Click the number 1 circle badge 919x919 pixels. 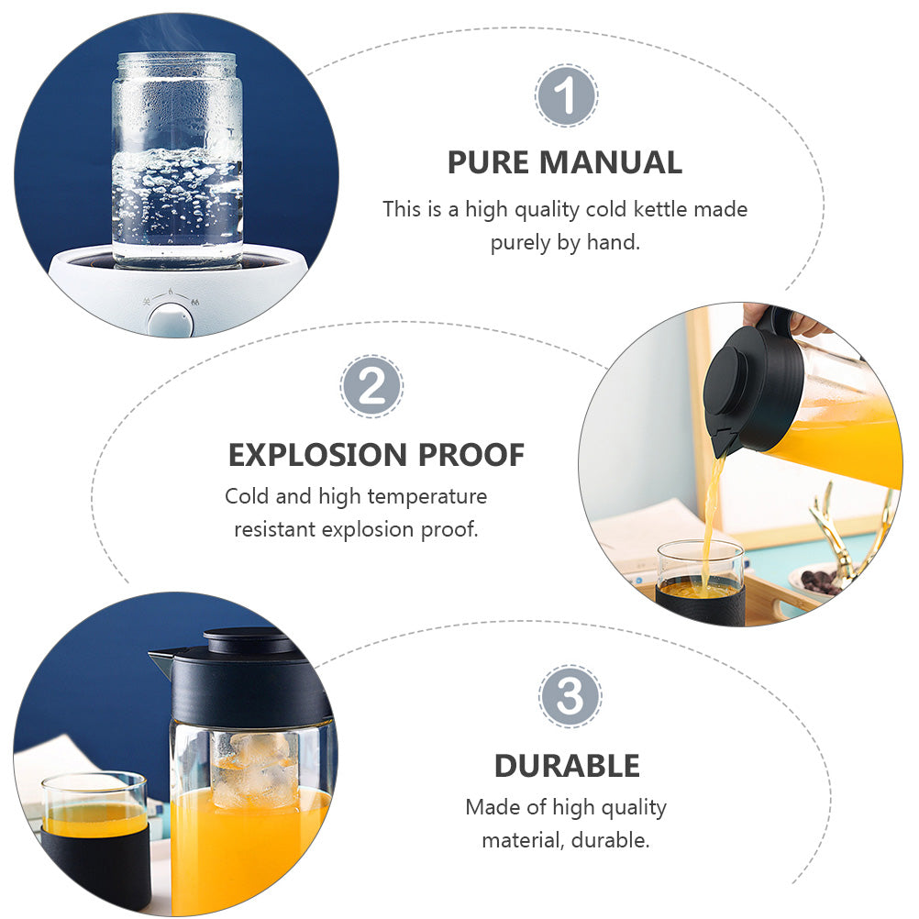[x=566, y=94]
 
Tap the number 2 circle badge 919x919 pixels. [x=371, y=387]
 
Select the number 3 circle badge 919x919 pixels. [x=570, y=696]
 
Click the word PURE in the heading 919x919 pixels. [x=488, y=162]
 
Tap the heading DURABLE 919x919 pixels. [x=567, y=765]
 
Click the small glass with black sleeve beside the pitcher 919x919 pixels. [x=95, y=835]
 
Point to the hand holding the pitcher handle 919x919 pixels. [x=806, y=323]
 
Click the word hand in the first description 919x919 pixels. [x=613, y=244]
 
